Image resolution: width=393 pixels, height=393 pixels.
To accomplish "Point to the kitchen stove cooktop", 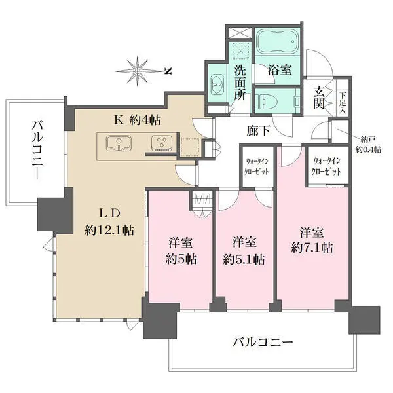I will [160, 143].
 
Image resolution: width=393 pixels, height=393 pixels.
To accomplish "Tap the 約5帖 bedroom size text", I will [179, 259].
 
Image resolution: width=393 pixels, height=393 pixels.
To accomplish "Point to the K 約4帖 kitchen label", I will [139, 120].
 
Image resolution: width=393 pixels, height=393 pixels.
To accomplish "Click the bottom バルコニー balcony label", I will [262, 342].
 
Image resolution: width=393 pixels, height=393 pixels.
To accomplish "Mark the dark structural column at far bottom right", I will [364, 319].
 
